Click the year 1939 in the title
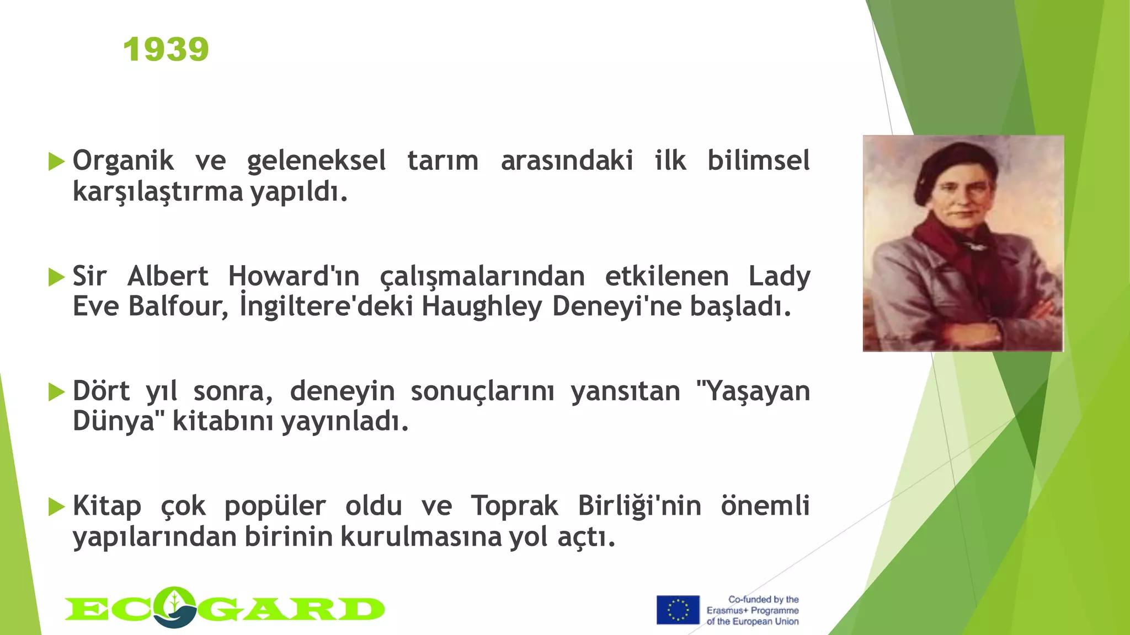tap(166, 50)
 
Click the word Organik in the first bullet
tap(123, 161)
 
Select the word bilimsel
tap(759, 161)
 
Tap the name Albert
tap(168, 276)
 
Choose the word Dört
tap(102, 391)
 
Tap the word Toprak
tap(514, 506)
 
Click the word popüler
tap(275, 506)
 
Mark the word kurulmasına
tap(421, 537)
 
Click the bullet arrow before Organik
tap(56, 162)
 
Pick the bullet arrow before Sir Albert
tap(56, 277)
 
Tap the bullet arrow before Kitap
tap(56, 507)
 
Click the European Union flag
tap(678, 610)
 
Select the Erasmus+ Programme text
tap(753, 610)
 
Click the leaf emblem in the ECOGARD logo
tap(174, 606)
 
